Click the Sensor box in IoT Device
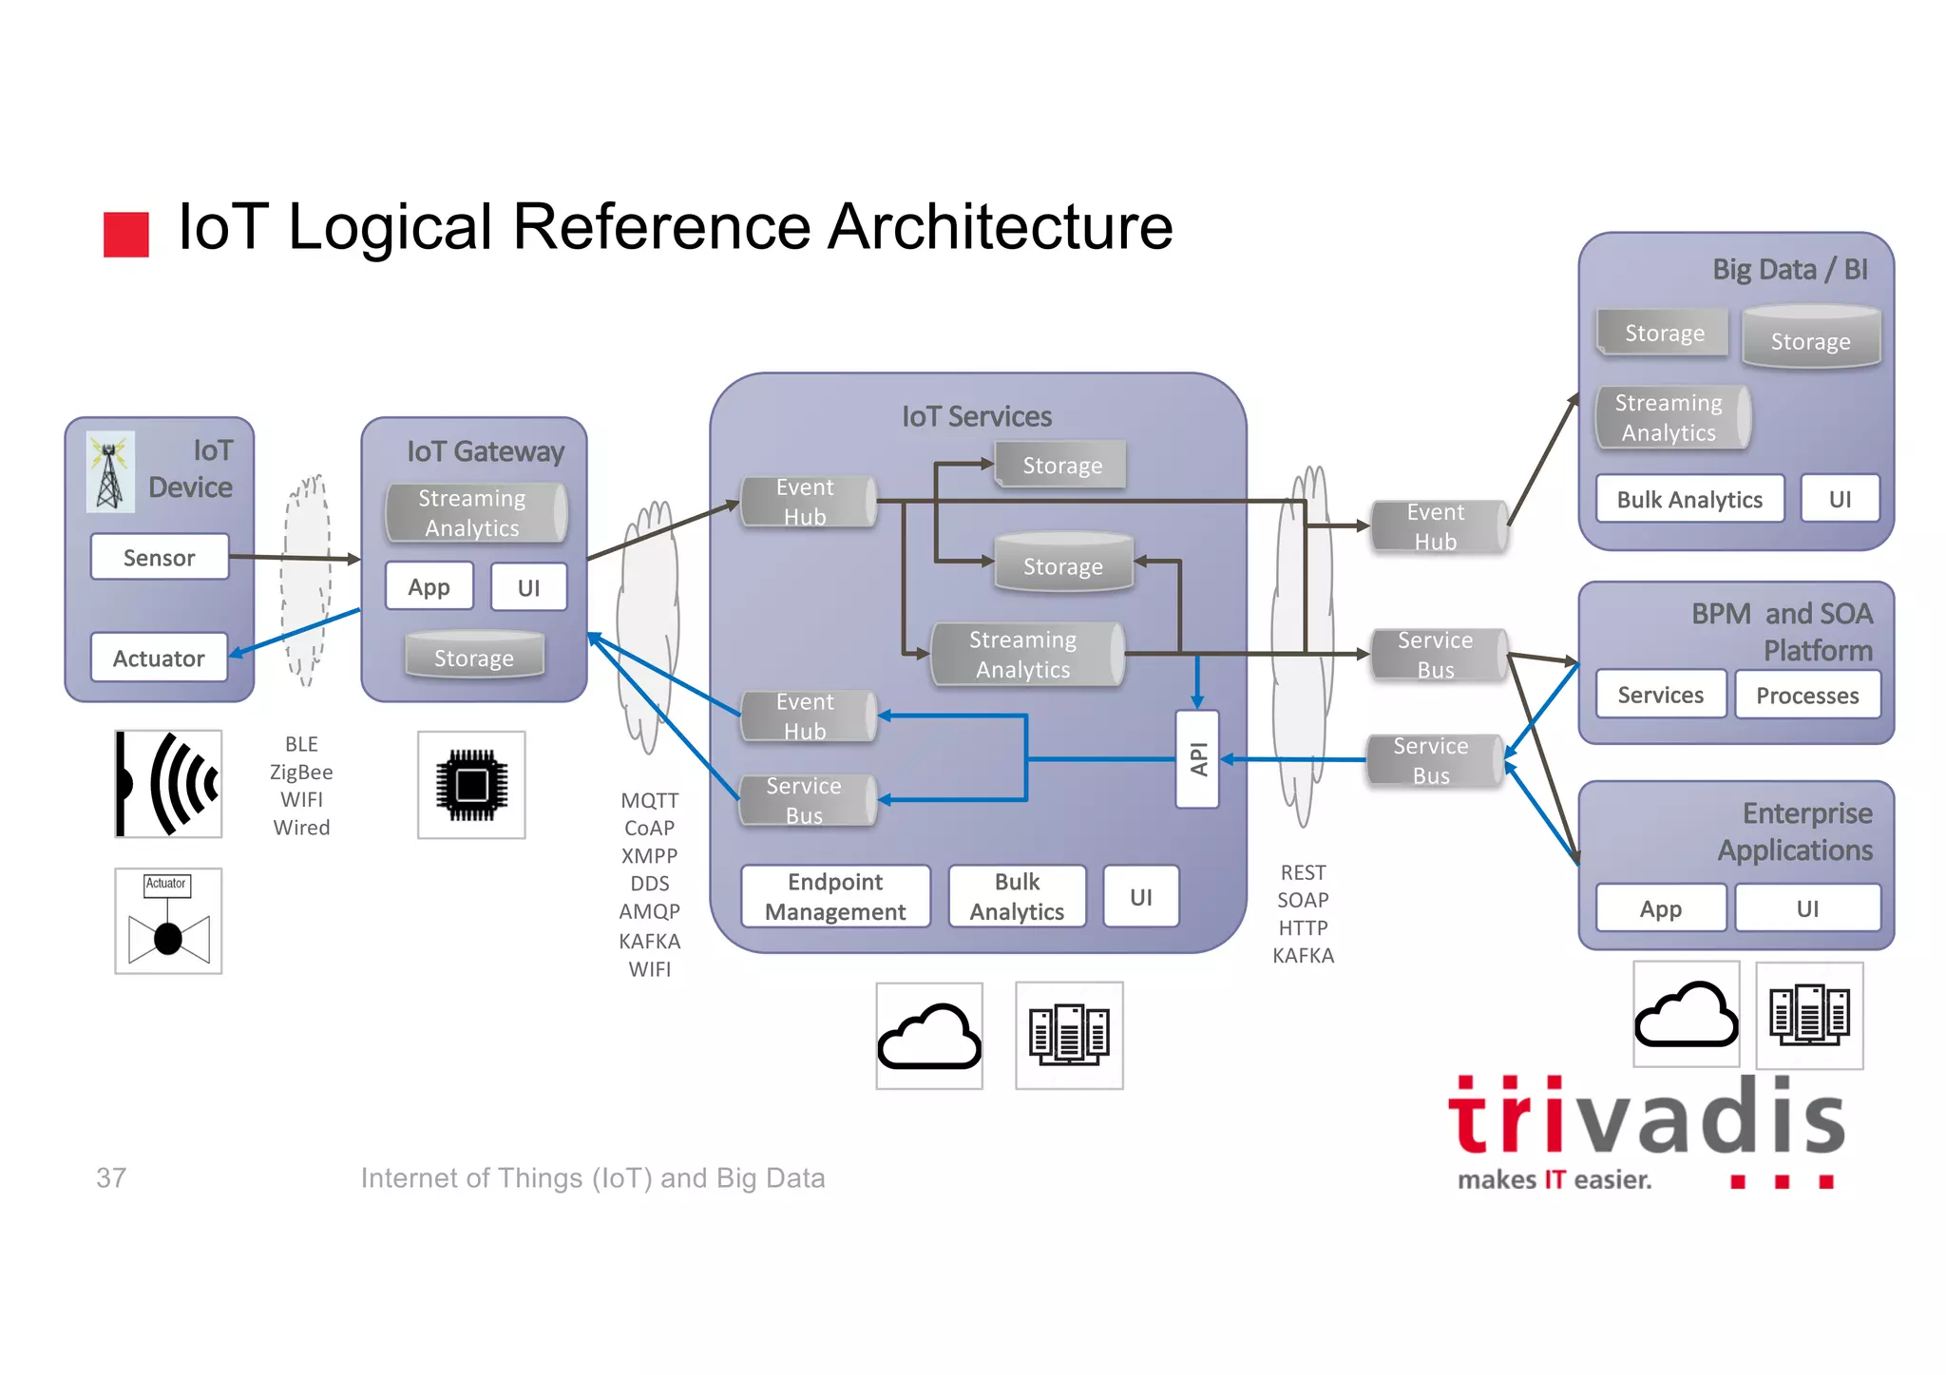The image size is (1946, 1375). coord(160,557)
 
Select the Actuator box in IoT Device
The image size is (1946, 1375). coord(159,658)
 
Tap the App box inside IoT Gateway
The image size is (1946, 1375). coord(429,586)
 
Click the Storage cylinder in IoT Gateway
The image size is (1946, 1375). coord(474,657)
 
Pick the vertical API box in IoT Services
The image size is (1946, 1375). coord(1197,759)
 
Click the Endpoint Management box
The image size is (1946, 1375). coord(835,896)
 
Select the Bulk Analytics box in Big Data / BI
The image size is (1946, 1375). coord(1689,499)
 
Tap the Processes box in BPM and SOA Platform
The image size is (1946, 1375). coord(1806,695)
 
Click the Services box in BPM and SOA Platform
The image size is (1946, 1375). coord(1660,695)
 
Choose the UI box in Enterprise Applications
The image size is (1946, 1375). coord(1806,908)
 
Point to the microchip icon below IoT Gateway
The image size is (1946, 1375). coord(471,785)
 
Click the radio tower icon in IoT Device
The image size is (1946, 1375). coord(110,472)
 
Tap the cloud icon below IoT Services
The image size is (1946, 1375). coord(928,1036)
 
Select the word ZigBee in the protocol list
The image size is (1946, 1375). coord(301,772)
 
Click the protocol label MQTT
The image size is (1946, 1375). coord(649,800)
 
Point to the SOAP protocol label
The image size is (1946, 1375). coord(1302,900)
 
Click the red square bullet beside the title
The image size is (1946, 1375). coord(125,234)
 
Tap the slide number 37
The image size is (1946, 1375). coord(111,1177)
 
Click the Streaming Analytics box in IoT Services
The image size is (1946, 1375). coord(1023,654)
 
